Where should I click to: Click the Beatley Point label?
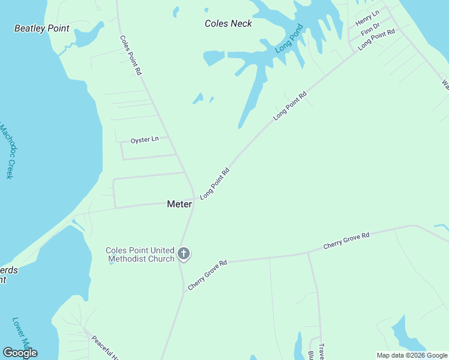42,28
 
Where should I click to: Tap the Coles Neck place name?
228,23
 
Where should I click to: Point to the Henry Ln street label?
367,18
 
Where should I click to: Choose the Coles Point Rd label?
130,55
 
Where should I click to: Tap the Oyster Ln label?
145,140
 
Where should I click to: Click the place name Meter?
179,204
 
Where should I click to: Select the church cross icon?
184,254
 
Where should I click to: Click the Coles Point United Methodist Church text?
140,255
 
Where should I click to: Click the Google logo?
20,353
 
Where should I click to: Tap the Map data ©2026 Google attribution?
411,355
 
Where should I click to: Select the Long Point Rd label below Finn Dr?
376,39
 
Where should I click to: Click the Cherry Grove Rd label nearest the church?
207,275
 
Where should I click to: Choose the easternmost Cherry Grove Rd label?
346,241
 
